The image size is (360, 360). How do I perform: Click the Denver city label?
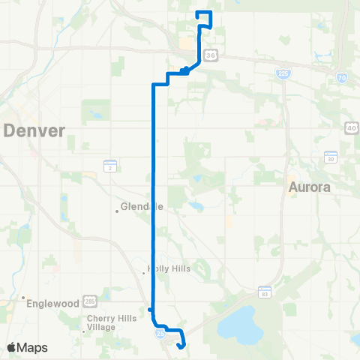pyautogui.click(x=34, y=131)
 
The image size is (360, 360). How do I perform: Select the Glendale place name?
pyautogui.click(x=142, y=207)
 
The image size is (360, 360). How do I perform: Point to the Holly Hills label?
pyautogui.click(x=169, y=268)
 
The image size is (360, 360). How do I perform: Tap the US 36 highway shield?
pyautogui.click(x=212, y=55)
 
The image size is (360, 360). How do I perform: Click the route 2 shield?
pyautogui.click(x=109, y=165)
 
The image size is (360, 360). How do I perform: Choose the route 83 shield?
pyautogui.click(x=265, y=291)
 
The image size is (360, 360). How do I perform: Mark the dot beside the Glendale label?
pyautogui.click(x=118, y=211)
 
